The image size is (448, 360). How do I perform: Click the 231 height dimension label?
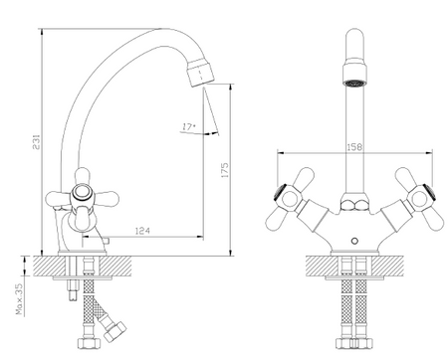[x=36, y=141]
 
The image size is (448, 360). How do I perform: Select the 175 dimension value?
[x=225, y=170]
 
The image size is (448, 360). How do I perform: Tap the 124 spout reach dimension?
[x=142, y=231]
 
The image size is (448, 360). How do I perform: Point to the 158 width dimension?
[x=354, y=147]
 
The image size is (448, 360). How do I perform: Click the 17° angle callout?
[x=188, y=126]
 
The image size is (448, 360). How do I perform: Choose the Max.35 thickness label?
[x=19, y=299]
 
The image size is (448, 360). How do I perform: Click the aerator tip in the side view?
[x=200, y=73]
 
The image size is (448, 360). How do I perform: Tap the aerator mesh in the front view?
[x=354, y=84]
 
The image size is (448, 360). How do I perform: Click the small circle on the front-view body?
[x=354, y=241]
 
